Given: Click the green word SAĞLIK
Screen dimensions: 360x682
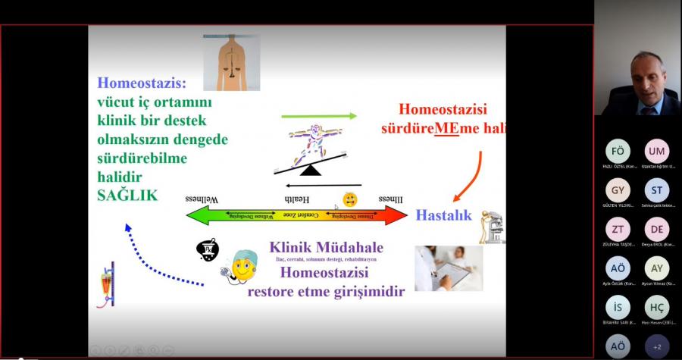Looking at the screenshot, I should [127, 195].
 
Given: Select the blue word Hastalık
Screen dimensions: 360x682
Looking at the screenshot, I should [443, 215].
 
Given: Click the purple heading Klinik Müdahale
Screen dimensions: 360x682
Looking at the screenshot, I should [326, 247].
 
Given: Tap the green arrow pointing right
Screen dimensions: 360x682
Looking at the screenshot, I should [318, 116].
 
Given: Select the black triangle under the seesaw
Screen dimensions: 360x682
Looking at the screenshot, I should [311, 171].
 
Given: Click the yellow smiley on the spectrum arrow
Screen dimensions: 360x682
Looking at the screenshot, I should [350, 200].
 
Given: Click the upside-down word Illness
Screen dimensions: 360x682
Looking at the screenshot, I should [390, 199].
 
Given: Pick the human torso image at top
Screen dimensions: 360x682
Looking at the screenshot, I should [231, 61].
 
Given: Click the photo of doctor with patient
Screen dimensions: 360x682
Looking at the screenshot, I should [448, 268].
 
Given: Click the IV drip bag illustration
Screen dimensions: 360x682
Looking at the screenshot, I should [107, 283].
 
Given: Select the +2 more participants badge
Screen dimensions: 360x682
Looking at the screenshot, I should [656, 346].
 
